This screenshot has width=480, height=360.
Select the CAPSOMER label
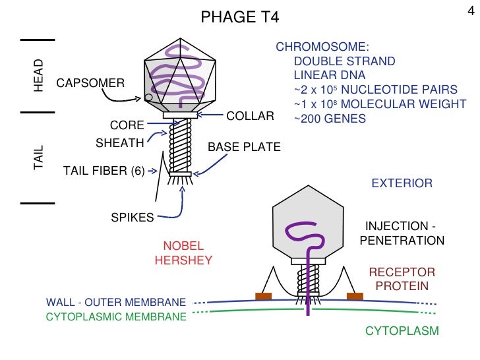[90, 83]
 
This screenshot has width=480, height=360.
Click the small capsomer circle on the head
[149, 98]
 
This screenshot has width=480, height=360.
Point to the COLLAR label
[250, 116]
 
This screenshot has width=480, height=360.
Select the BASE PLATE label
[244, 147]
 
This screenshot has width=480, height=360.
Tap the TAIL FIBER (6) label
[104, 171]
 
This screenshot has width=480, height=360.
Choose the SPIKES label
[133, 216]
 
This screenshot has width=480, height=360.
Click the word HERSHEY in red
[183, 260]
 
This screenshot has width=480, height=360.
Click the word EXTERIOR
[402, 183]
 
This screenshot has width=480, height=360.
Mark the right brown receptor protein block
[355, 296]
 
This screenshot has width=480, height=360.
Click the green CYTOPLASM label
[402, 330]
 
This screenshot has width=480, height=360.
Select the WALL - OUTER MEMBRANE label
[115, 302]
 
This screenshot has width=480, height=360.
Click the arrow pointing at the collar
[211, 115]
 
